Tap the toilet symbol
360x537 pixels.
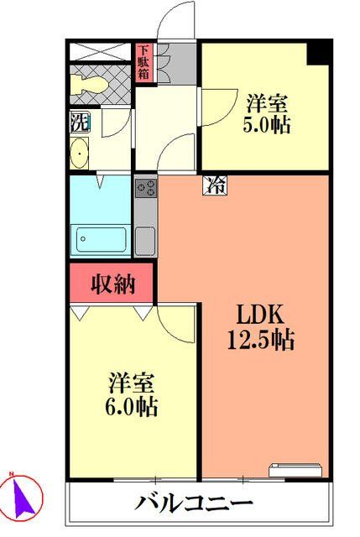tap(91, 84)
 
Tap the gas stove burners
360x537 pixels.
tap(144, 188)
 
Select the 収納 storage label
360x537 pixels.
tap(112, 284)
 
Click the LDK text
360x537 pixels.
tap(261, 318)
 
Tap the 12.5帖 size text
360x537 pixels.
tap(261, 341)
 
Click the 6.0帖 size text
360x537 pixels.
tap(133, 409)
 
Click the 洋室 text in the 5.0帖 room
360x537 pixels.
tap(268, 106)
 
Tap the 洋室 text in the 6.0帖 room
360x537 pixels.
tap(133, 385)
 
